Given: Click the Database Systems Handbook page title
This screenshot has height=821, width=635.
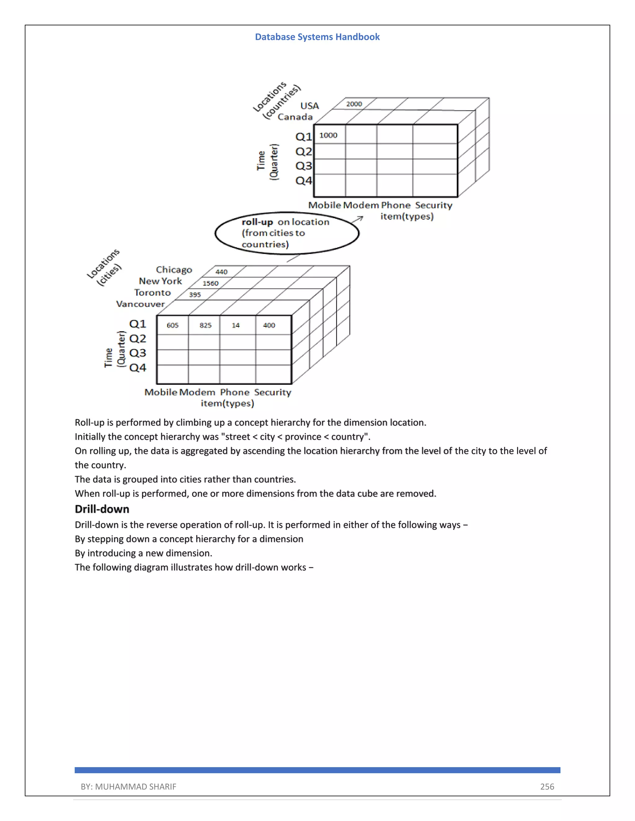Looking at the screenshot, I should coord(317,37).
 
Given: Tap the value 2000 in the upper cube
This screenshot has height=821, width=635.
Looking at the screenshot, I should coord(354,104).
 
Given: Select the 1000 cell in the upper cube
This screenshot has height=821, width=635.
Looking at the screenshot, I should coord(328,135).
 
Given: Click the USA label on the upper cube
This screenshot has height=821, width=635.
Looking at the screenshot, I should coord(310,106).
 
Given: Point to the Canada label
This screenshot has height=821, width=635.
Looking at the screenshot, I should coord(295,117).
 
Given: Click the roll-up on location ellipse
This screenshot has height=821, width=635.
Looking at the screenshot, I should coord(287,233).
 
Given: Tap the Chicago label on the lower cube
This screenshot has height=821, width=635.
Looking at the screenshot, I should coord(174,270).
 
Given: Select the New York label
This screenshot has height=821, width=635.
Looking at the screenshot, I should coord(160,281).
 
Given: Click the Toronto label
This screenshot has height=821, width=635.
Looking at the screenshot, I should coord(152,292).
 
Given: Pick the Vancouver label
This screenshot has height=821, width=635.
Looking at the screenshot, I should coord(140,304).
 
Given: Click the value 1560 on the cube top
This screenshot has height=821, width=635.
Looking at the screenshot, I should coord(210,283).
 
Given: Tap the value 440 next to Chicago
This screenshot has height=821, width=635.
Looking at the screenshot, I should coord(221,272).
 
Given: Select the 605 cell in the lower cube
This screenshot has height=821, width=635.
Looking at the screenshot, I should coord(173,325).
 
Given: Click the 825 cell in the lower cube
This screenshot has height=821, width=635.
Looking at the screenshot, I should coord(205,325).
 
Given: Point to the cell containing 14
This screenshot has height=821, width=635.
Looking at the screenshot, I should coord(236,325).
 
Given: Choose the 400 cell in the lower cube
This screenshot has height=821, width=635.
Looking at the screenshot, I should coord(269,325).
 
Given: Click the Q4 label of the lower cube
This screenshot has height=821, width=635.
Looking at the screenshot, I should coord(138,368).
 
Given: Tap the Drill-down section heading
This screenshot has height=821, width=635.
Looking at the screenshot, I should coord(102,509).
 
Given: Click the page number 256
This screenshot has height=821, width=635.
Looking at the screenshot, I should coord(547,786).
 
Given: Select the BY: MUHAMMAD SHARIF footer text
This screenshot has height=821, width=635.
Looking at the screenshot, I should coord(128,786).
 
